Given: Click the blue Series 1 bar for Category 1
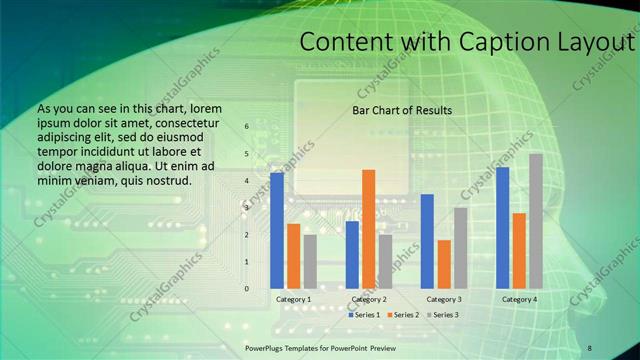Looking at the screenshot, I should (x=277, y=231).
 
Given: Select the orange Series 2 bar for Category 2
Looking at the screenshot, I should (x=369, y=229).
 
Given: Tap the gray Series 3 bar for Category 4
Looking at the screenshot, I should (x=536, y=221).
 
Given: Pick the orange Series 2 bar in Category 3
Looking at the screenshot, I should (x=444, y=264).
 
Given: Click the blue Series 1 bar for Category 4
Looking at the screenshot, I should (x=502, y=228).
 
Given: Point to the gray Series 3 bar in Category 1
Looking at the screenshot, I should (x=310, y=262).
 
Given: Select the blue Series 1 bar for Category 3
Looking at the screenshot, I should (x=427, y=241).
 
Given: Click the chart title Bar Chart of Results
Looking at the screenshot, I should (x=402, y=110).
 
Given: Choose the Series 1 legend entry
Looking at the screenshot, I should (x=363, y=315).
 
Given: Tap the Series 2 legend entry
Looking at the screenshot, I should (x=403, y=315).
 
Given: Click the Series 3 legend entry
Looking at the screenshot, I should (x=443, y=315).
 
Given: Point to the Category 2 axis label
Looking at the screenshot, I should (x=369, y=299).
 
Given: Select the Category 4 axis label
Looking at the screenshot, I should (x=519, y=299).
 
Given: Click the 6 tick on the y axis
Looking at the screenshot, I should (x=246, y=127).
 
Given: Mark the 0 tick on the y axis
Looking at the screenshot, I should (x=246, y=289).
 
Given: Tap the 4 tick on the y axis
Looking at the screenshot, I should (x=246, y=181).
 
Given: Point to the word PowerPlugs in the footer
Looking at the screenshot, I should (x=267, y=347).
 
